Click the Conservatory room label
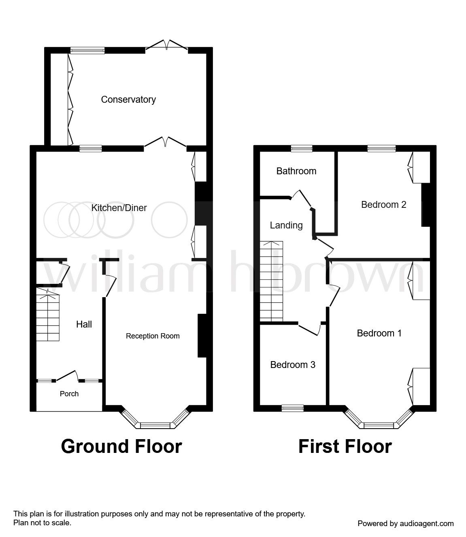128,99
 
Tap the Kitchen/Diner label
119,208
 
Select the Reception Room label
153,336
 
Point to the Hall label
84,324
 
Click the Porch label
69,394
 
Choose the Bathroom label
296,171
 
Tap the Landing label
286,225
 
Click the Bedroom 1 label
379,333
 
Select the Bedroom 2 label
383,205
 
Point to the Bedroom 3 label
293,365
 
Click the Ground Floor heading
121,446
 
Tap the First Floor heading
345,446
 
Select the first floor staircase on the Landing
271,281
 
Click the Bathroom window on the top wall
302,148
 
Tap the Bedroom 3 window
293,408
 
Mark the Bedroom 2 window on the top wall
381,148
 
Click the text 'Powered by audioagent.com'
406,524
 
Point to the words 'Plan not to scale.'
43,523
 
